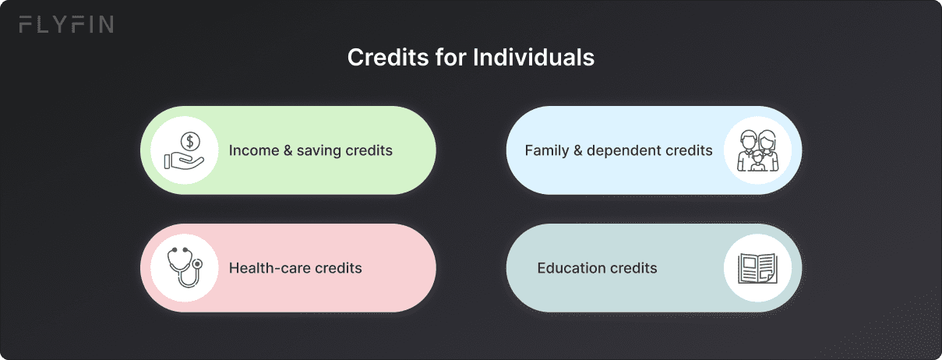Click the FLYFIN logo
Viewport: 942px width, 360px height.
(x=66, y=25)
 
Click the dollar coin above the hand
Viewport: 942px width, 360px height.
(x=190, y=141)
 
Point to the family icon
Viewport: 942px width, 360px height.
(x=757, y=150)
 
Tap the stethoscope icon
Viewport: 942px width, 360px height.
(x=184, y=268)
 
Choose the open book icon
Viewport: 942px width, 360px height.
(x=757, y=268)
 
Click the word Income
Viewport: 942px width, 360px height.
(x=253, y=150)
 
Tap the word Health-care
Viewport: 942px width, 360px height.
(x=270, y=268)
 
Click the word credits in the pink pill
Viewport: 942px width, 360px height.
(x=339, y=268)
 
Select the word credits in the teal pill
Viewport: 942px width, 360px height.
(x=633, y=268)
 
